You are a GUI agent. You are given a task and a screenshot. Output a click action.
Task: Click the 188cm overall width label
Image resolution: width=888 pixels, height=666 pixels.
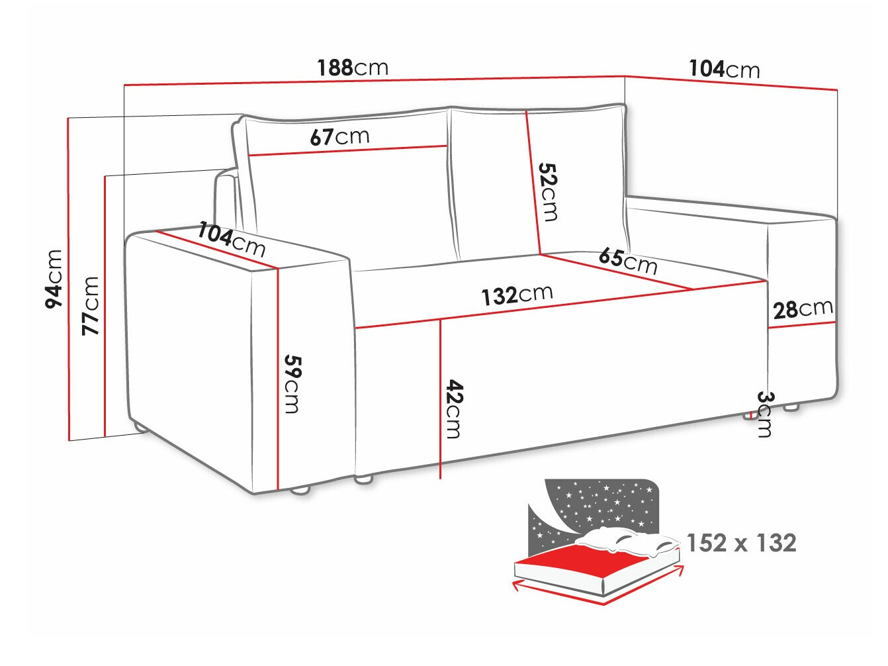point(352,68)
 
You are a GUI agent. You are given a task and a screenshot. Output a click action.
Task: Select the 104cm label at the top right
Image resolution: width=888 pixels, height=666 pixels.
point(724,69)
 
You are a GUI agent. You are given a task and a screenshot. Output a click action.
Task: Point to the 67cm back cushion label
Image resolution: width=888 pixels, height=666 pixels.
point(339,137)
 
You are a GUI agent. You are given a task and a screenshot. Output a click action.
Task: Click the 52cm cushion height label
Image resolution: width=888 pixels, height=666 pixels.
point(548,192)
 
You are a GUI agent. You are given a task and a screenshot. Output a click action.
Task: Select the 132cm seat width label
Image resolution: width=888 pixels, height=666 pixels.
point(517,295)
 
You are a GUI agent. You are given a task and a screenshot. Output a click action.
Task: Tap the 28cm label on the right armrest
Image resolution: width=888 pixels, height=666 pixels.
point(803,309)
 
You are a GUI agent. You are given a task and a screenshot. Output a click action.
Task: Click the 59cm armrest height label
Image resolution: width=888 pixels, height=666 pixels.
point(292,384)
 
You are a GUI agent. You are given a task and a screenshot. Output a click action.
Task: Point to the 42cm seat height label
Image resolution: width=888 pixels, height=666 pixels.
point(453,408)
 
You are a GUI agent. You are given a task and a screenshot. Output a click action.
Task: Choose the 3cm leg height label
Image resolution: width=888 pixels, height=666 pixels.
point(764,414)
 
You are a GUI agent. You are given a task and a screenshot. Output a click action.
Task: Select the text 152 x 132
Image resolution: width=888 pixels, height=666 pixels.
point(741,543)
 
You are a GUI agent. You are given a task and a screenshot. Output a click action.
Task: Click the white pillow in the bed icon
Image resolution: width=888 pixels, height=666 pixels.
point(629,542)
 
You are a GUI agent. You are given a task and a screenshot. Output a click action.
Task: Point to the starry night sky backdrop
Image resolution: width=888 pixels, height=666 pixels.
point(596,503)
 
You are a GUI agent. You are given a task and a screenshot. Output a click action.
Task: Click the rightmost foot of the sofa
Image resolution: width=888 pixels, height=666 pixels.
point(791,408)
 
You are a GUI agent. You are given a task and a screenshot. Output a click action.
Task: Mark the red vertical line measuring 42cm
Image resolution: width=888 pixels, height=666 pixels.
point(440,397)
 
